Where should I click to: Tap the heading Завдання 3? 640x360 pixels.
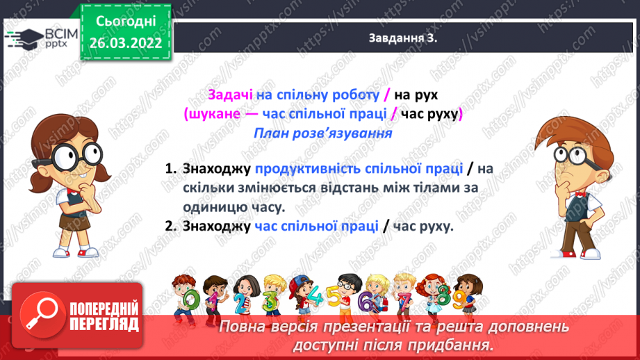pyautogui.click(x=402, y=39)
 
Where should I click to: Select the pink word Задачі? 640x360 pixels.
pyautogui.click(x=231, y=96)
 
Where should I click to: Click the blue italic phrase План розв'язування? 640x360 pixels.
pyautogui.click(x=322, y=133)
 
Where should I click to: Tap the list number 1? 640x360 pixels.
pyautogui.click(x=170, y=169)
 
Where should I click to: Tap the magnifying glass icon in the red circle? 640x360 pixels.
pyautogui.click(x=39, y=313)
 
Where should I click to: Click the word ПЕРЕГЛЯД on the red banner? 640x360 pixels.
pyautogui.click(x=102, y=325)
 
